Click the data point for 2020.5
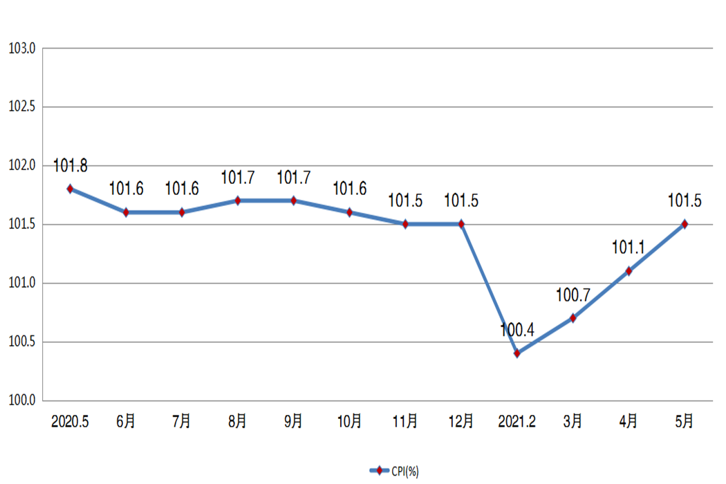point(70,189)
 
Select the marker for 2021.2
point(517,353)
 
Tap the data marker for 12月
point(461,224)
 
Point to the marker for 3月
point(573,318)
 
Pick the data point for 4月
point(629,271)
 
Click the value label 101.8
point(71,166)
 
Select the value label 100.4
point(517,330)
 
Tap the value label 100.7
point(573,295)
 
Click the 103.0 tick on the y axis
point(22,48)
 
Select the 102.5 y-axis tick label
point(22,107)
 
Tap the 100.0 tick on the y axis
point(22,401)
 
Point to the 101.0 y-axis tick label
point(22,283)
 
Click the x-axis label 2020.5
point(70,421)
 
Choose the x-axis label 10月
point(349,421)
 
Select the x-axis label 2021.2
point(517,421)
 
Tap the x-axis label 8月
point(237,421)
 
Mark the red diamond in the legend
point(378,471)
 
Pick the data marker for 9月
point(293,201)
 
